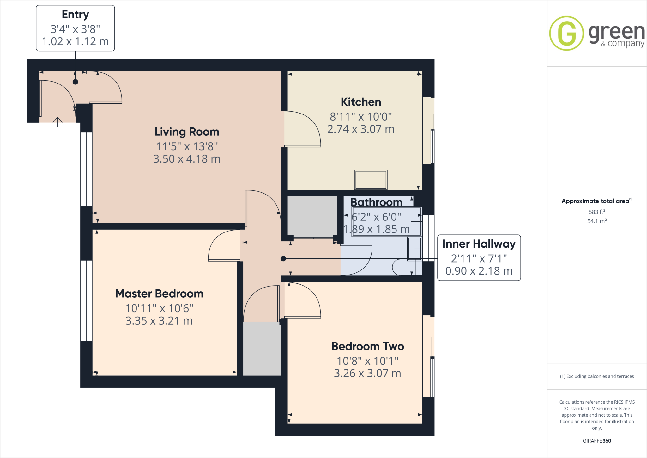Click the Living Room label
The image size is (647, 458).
click(187, 132)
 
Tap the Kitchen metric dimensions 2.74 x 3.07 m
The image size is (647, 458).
click(361, 129)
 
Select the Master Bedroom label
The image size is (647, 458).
click(159, 294)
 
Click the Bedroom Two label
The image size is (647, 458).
click(367, 346)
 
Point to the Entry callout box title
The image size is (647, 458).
click(75, 15)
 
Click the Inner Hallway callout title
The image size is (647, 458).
click(479, 244)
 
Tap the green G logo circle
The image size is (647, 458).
click(566, 33)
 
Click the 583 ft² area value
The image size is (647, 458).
click(597, 212)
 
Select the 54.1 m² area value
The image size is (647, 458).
click(597, 221)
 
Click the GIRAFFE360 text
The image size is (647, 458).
click(597, 441)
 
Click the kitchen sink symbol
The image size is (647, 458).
click(371, 180)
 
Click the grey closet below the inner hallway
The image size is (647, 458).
click(262, 348)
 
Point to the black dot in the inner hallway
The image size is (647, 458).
click(283, 259)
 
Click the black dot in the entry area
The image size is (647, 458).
click(75, 82)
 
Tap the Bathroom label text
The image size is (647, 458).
click(376, 202)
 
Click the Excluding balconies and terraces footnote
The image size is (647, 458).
click(597, 376)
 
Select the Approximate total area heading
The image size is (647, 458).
click(596, 201)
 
